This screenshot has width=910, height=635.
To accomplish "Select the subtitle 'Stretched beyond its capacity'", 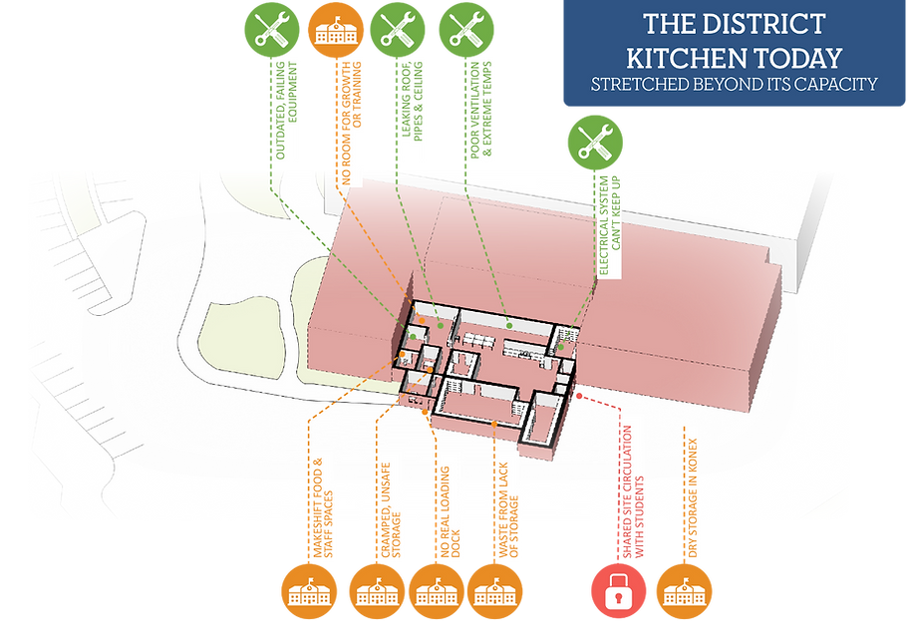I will [x=734, y=84].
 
